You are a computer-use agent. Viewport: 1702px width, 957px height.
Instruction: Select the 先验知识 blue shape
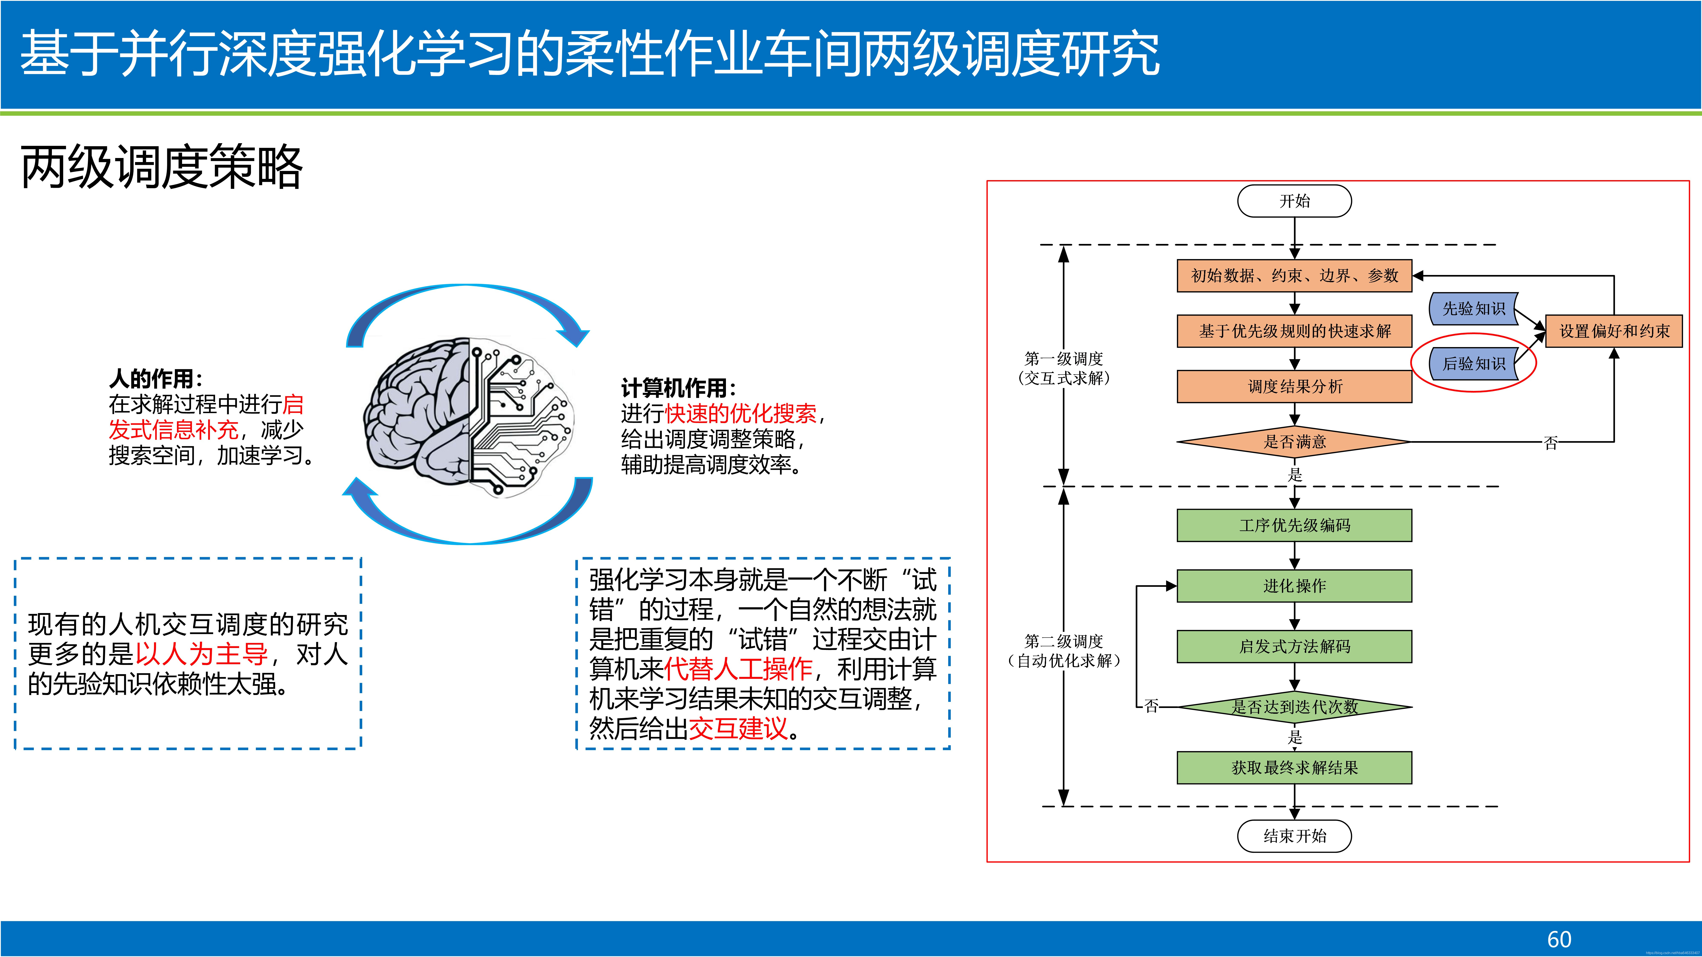[x=1473, y=308]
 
